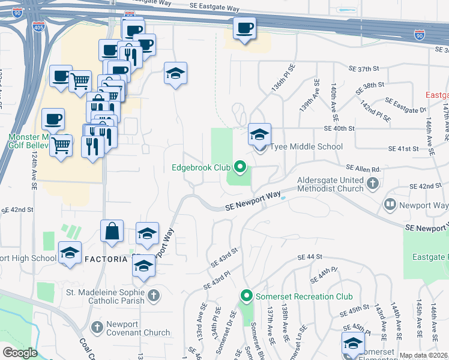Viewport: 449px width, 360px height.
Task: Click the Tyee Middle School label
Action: (x=307, y=146)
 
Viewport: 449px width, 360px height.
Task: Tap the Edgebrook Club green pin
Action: (x=240, y=167)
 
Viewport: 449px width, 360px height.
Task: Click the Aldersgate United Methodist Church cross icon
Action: (x=373, y=183)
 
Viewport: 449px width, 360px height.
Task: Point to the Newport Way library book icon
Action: (x=391, y=205)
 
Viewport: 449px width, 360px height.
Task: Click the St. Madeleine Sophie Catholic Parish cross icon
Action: (x=154, y=295)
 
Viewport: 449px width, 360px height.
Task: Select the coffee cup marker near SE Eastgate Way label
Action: (x=244, y=29)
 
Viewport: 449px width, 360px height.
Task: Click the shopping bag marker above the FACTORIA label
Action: (x=112, y=232)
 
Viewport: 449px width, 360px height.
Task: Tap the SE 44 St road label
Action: (x=310, y=257)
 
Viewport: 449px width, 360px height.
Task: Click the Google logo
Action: (x=20, y=353)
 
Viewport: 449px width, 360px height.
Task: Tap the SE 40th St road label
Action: (x=339, y=128)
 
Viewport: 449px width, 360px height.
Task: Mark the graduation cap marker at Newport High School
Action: (x=70, y=254)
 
